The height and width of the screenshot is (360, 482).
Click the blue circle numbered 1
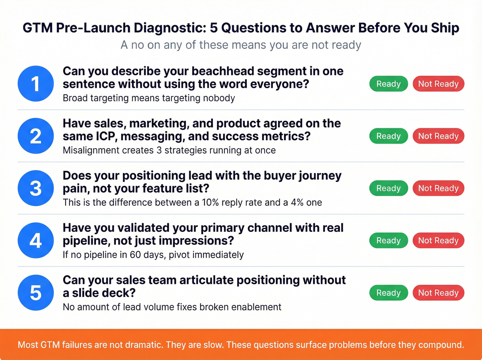coord(35,84)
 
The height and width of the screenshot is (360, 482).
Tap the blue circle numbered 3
coord(35,188)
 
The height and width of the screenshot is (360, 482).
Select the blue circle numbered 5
coord(35,292)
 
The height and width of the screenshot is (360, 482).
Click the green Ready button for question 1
coord(388,84)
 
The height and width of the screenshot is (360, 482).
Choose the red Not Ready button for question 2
coord(438,136)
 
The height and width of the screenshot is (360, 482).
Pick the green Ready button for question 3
coord(388,188)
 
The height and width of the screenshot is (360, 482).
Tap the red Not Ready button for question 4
coord(438,240)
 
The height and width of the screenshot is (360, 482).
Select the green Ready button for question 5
coord(388,292)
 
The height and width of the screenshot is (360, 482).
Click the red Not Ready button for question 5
coord(438,292)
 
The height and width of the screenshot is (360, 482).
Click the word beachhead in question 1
coord(222,71)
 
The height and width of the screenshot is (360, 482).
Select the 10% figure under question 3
coord(210,202)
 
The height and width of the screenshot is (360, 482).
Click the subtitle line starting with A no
coord(241,45)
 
